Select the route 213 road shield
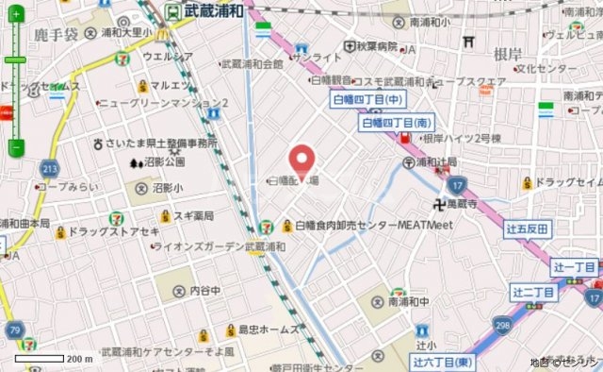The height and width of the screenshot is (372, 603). point(49,168)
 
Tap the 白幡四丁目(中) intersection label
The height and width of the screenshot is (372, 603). point(367,98)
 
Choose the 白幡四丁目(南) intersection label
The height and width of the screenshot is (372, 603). point(397,122)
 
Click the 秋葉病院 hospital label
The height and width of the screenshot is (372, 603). point(368,44)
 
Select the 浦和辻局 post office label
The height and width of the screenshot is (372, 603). point(430,161)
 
